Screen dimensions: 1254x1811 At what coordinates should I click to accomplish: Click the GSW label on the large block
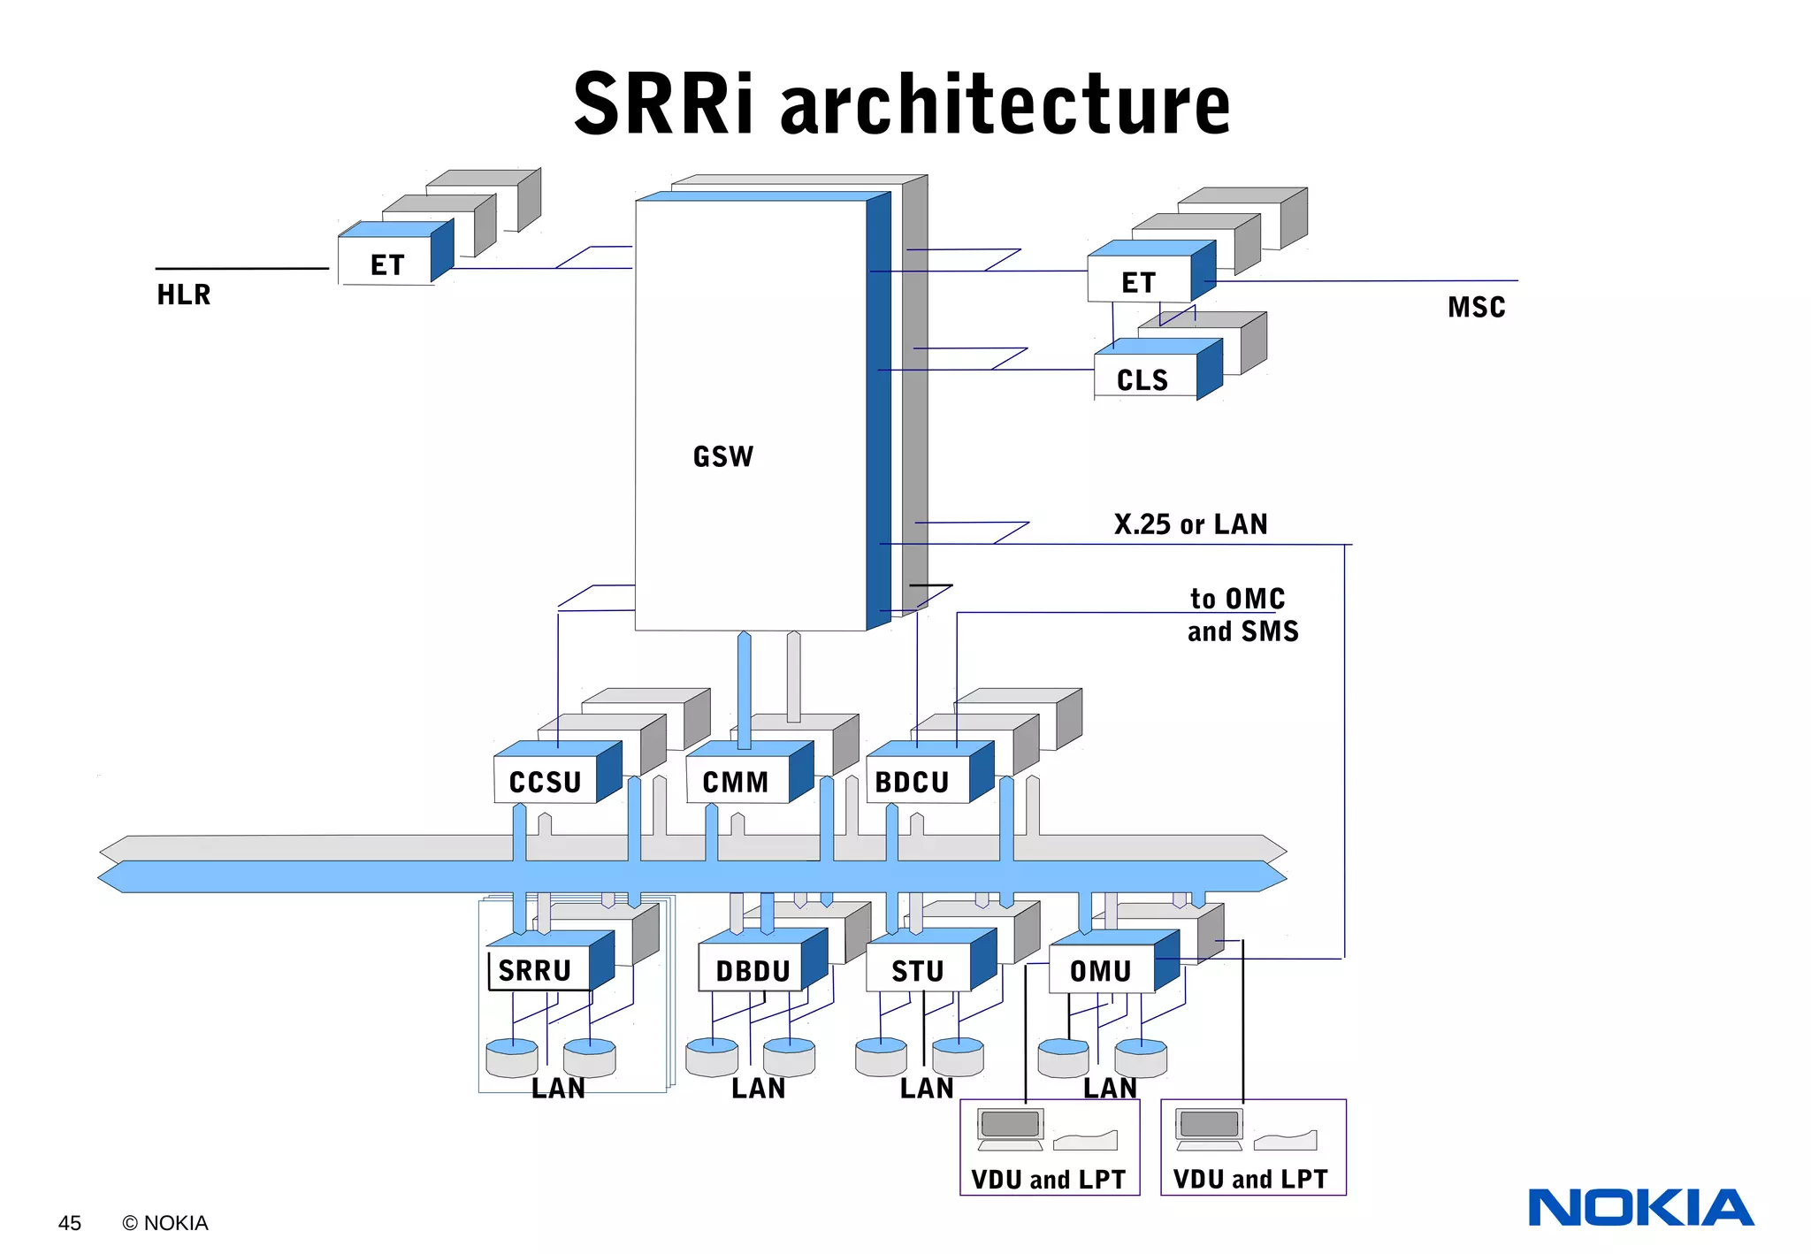[722, 456]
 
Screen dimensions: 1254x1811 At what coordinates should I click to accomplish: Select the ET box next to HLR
[386, 264]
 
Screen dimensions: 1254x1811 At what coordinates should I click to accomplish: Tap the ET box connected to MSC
[1139, 281]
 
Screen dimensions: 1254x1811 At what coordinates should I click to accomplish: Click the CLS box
[1143, 379]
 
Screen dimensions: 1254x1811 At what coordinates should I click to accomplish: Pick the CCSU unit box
[546, 782]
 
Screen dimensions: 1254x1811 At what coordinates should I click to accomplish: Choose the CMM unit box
[736, 782]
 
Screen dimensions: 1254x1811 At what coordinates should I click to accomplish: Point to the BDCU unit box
[913, 782]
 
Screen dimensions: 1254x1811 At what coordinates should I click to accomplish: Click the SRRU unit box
[536, 970]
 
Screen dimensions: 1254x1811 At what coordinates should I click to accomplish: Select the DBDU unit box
[753, 971]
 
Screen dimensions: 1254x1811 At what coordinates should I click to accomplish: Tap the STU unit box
[918, 971]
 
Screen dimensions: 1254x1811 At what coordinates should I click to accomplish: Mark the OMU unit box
[1101, 971]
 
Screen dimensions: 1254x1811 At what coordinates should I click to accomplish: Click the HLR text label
[184, 294]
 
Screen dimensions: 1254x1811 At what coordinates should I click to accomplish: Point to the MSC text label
[1476, 307]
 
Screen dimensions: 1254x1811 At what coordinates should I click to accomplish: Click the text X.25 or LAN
[1190, 524]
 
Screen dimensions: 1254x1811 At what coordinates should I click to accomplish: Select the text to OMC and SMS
[1242, 616]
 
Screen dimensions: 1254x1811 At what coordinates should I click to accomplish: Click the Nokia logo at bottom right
[1640, 1208]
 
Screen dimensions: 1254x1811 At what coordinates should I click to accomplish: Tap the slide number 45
[70, 1223]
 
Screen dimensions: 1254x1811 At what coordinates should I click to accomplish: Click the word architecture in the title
[1005, 104]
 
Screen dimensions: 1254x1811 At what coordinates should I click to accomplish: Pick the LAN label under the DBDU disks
[758, 1089]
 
